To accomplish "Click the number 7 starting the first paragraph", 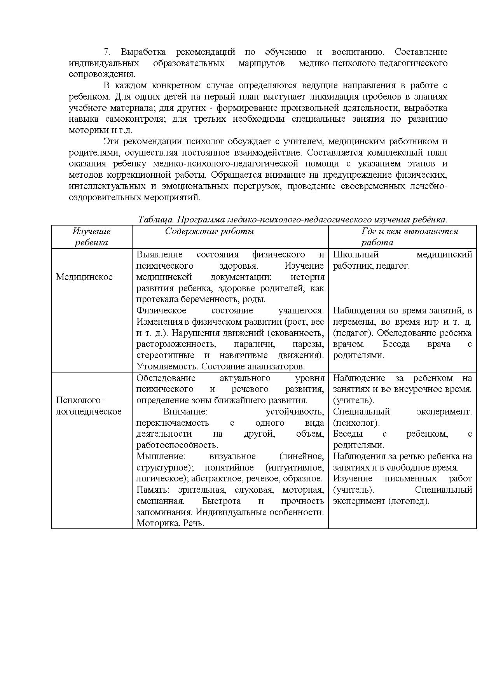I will [x=107, y=52].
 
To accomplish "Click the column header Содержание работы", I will [x=210, y=231].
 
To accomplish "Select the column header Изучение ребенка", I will [x=91, y=237].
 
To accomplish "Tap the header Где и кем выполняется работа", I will [x=410, y=237].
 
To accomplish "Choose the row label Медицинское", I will [x=84, y=277].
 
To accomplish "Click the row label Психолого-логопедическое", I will [x=89, y=406].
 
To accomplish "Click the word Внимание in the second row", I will [x=185, y=412].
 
